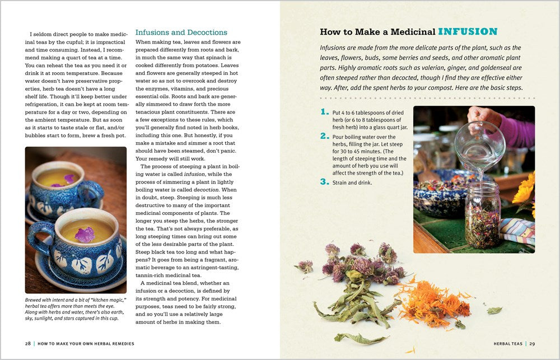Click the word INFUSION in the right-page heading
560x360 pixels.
(468, 32)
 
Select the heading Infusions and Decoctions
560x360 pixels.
(181, 32)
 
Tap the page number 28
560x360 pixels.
(27, 343)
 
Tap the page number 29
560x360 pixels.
(533, 343)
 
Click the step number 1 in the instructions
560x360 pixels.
(324, 112)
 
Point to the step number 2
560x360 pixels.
(324, 136)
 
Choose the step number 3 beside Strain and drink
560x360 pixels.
(324, 181)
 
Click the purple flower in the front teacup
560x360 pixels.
(85, 234)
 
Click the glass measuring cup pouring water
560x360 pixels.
(480, 146)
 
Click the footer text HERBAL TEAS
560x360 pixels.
(508, 343)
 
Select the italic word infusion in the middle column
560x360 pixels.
(195, 174)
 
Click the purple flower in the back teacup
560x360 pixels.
(68, 179)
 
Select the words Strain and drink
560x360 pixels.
(353, 183)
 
